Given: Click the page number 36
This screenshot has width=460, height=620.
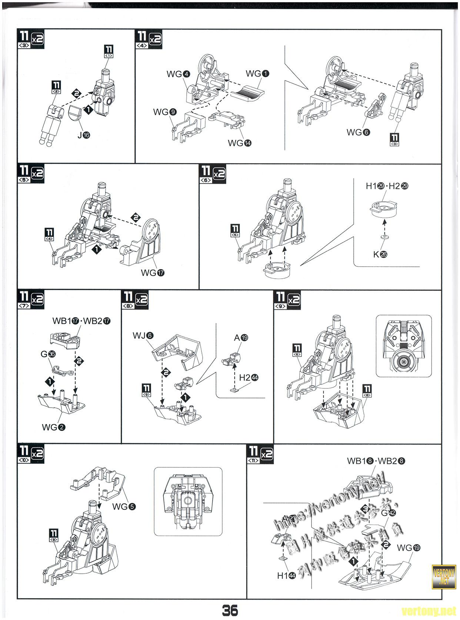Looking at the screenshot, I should coord(230,610).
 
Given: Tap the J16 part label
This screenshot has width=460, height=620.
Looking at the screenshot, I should coord(83,135).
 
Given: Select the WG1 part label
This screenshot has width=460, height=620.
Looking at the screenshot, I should coord(257,74).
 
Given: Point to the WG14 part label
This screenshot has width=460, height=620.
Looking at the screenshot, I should coord(239,143).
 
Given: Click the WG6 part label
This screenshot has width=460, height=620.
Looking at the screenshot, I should coord(358,132).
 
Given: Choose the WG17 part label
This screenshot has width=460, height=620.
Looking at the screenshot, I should coord(153,273).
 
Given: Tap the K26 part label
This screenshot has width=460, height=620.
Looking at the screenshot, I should coord(380,254).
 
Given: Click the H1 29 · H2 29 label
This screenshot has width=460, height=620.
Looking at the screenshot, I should coord(387,186).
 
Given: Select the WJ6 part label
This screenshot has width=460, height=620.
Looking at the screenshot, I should coord(143,335).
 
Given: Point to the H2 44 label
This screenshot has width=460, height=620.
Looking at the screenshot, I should coord(249,378).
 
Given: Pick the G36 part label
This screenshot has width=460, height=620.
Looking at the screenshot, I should coord(48,354).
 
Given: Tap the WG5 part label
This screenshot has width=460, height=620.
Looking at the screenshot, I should coord(124,506).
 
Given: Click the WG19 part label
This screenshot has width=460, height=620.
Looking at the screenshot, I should coord(409,548).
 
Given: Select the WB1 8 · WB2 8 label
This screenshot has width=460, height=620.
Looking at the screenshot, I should coord(376,461).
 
